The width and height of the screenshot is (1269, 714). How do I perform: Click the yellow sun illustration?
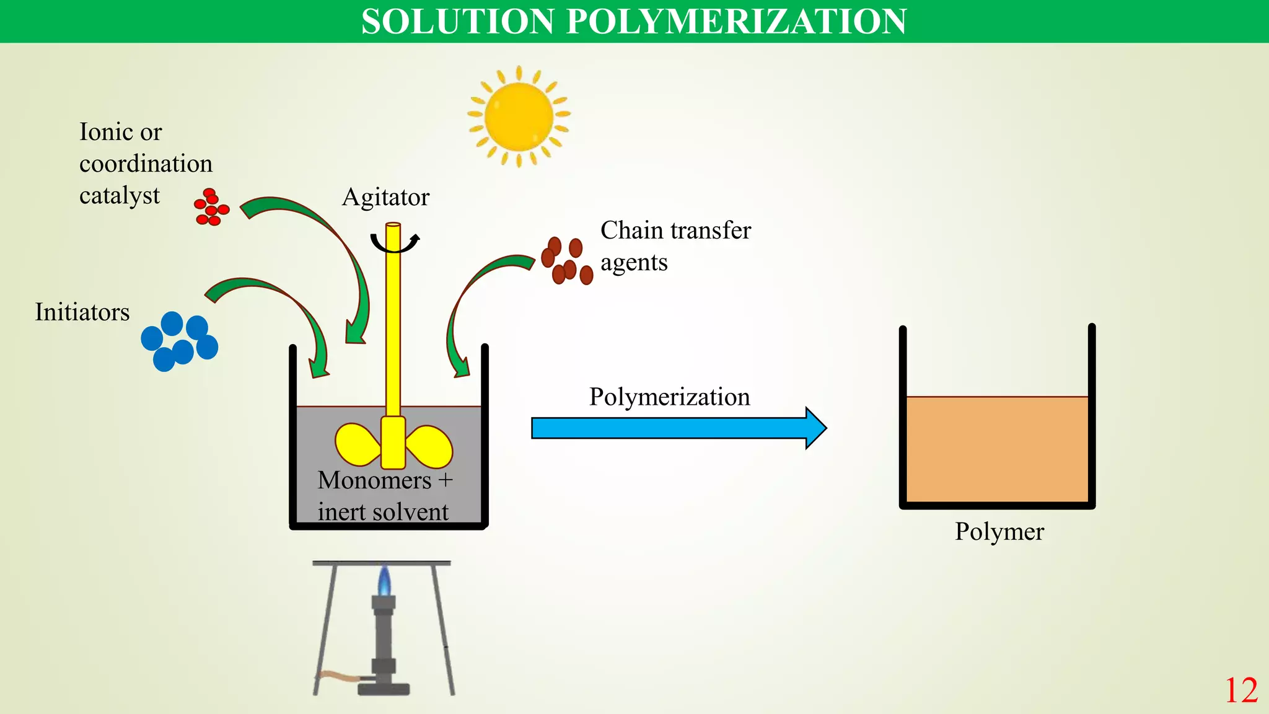[519, 117]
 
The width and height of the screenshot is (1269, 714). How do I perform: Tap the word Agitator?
[385, 198]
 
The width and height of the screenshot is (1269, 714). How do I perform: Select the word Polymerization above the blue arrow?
[669, 397]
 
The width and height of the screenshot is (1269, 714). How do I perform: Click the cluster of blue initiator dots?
[180, 342]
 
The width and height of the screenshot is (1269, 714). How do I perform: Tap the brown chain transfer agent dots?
[566, 261]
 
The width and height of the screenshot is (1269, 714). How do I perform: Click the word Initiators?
[82, 312]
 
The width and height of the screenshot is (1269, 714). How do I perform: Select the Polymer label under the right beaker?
[999, 532]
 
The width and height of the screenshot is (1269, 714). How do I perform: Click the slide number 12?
[1240, 690]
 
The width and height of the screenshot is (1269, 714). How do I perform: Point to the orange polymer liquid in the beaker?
[997, 449]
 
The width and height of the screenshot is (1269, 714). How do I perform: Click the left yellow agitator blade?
[357, 444]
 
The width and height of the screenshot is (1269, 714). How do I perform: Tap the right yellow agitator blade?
[429, 446]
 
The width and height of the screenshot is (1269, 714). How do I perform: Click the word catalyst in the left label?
[120, 196]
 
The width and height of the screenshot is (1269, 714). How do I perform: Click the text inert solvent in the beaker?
[383, 513]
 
